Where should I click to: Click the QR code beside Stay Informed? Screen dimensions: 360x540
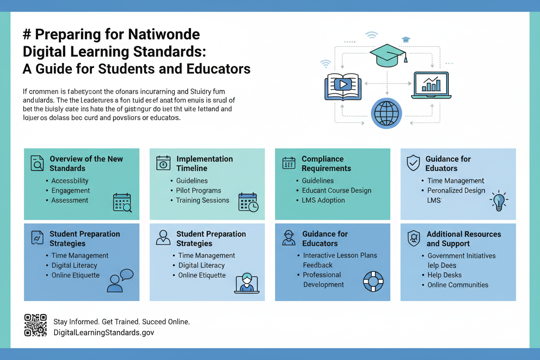(x=35, y=325)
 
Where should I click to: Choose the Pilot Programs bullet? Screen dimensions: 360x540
(x=198, y=190)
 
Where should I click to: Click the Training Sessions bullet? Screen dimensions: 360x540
(x=202, y=200)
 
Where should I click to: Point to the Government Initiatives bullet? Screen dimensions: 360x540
(x=461, y=256)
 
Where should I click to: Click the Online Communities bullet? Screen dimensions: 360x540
(x=458, y=285)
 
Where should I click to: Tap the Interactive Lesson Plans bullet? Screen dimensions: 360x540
(x=340, y=255)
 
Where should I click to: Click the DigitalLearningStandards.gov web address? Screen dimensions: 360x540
(x=103, y=332)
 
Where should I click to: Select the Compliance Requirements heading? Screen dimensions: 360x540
(x=326, y=164)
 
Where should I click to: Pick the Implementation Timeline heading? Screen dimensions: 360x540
(x=204, y=164)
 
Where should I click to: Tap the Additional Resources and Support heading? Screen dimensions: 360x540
(x=463, y=239)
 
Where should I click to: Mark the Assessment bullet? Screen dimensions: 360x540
(x=70, y=200)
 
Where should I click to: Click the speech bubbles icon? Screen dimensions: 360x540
(x=120, y=280)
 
